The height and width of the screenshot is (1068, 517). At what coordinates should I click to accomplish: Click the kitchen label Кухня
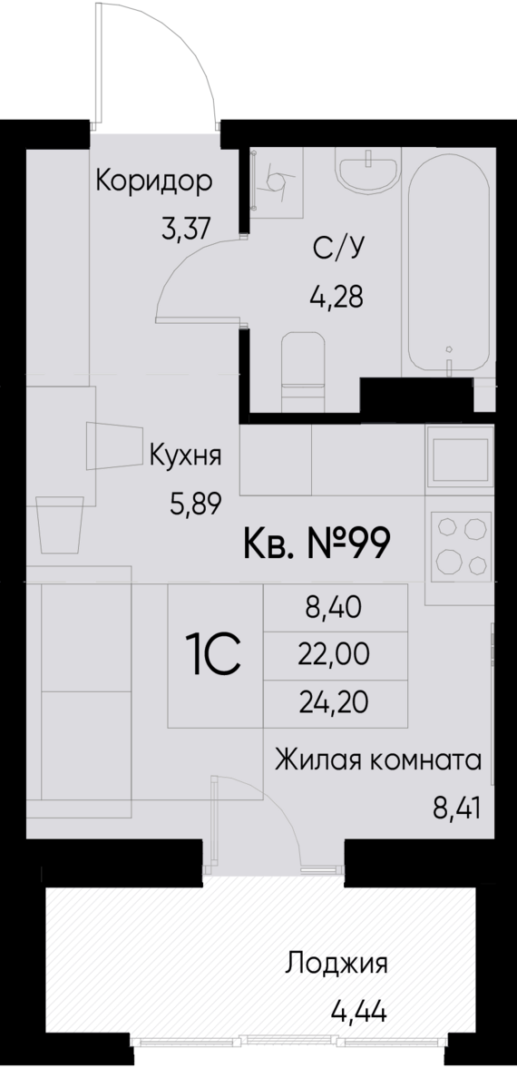coord(186,455)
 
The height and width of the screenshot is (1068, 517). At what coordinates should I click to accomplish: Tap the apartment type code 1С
coord(213,654)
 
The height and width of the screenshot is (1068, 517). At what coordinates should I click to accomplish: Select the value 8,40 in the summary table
coord(334,607)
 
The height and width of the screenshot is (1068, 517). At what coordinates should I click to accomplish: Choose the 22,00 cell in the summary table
coord(334,654)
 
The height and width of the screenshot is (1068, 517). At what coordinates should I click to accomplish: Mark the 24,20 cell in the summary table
coord(334,701)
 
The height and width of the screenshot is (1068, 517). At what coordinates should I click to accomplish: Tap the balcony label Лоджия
coord(337,963)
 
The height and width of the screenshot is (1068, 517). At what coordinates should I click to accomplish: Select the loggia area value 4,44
coord(359,1008)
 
